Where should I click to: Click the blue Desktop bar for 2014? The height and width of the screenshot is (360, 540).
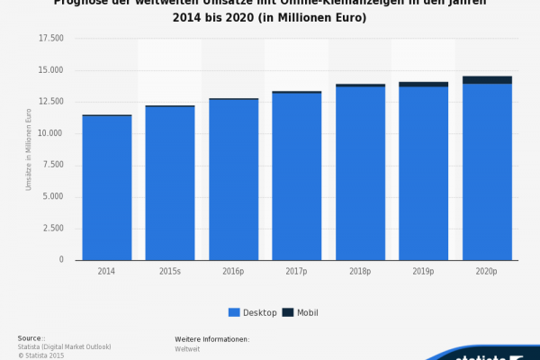(x=107, y=188)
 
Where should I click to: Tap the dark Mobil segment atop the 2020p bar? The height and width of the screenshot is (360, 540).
(x=487, y=80)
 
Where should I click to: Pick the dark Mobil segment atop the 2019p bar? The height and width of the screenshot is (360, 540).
(x=424, y=85)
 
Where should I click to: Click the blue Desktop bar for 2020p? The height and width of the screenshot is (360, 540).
(x=487, y=172)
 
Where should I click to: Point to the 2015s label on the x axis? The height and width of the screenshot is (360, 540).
(x=170, y=271)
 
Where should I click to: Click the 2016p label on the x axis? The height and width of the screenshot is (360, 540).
(x=233, y=271)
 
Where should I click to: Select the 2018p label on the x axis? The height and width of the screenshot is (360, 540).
(x=360, y=271)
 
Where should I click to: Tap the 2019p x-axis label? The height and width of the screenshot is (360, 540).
(x=424, y=271)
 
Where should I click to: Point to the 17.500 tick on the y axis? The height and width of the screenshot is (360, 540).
(x=51, y=39)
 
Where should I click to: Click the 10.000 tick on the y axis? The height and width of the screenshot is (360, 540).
(x=51, y=133)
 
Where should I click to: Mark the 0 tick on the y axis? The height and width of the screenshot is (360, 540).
(x=61, y=260)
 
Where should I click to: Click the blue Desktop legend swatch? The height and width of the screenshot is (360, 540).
(x=234, y=312)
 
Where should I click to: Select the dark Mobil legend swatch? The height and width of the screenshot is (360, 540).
(x=288, y=312)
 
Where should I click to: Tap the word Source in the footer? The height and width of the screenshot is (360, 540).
(x=30, y=338)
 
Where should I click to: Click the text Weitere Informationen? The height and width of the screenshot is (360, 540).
(x=211, y=339)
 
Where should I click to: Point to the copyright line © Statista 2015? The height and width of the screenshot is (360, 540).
(x=41, y=355)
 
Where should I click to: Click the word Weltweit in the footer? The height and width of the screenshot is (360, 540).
(x=187, y=347)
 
